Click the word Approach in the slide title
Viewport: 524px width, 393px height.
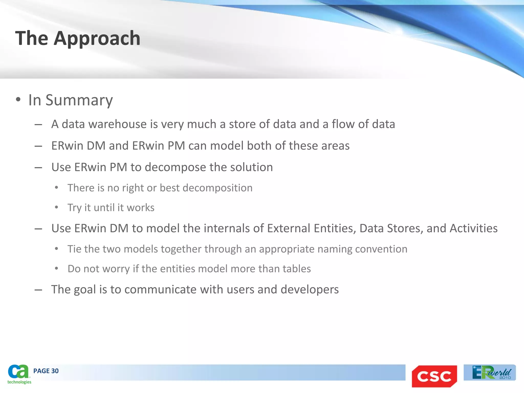click(x=97, y=38)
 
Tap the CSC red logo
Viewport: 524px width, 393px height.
click(x=434, y=376)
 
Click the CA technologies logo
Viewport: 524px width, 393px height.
click(x=19, y=374)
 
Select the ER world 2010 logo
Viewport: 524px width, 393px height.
click(x=490, y=373)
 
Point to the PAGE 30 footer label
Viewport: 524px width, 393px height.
click(x=46, y=371)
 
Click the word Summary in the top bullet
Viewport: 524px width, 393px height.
click(x=79, y=100)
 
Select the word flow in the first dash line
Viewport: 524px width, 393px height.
click(x=343, y=124)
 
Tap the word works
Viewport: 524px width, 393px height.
click(x=140, y=208)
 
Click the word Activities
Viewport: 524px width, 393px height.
click(x=474, y=228)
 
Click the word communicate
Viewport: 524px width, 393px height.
click(x=160, y=290)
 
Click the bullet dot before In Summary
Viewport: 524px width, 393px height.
click(x=18, y=100)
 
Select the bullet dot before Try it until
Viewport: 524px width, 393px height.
click(x=57, y=208)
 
